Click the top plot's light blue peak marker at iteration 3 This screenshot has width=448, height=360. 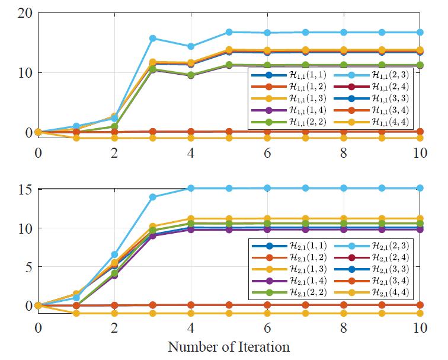(x=153, y=38)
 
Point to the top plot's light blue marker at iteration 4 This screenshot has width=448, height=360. (x=191, y=46)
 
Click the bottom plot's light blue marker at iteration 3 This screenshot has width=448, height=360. (x=153, y=197)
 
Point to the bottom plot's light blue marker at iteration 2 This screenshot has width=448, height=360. (x=114, y=254)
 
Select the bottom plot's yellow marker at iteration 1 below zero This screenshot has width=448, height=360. (x=76, y=313)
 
